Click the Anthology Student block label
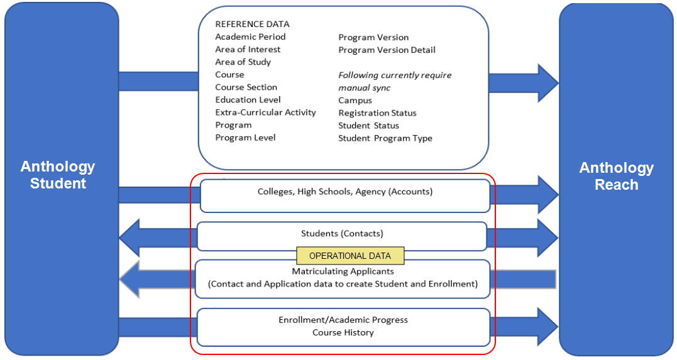point(58,175)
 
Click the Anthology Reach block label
point(616,176)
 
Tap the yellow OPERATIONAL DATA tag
point(350,256)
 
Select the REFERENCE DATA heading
point(252,25)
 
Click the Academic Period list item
point(250,37)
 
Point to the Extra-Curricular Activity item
point(265,112)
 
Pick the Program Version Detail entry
point(387,50)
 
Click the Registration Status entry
point(377,113)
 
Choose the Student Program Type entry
point(385,138)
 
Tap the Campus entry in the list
point(355,101)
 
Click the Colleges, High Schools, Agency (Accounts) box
point(344,192)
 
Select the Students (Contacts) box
point(342,234)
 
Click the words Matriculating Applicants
point(343,271)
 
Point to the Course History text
point(343,332)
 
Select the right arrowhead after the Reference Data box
point(548,82)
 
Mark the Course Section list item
point(246,87)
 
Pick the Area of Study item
point(243,62)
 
